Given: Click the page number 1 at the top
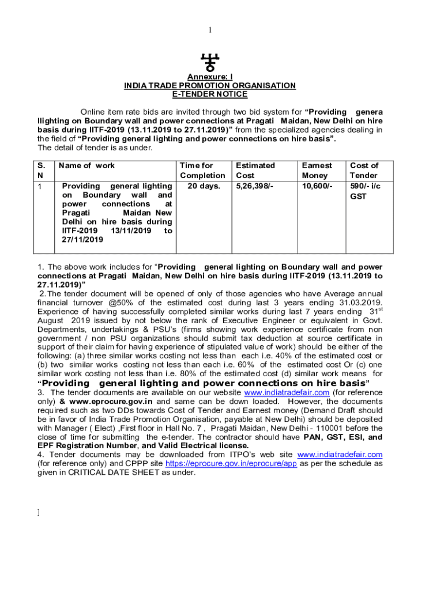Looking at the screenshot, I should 210,30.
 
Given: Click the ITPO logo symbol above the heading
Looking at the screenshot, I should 209,62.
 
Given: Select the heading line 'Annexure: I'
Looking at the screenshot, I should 210,77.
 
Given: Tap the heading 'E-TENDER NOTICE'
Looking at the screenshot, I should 210,94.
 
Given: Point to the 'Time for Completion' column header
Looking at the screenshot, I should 202,171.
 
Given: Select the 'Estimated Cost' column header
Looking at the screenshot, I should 255,171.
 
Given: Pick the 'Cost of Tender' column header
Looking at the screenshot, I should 364,171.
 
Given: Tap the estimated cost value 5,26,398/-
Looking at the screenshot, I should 255,186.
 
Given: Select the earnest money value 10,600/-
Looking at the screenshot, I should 317,186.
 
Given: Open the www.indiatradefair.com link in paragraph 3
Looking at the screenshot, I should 287,393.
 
